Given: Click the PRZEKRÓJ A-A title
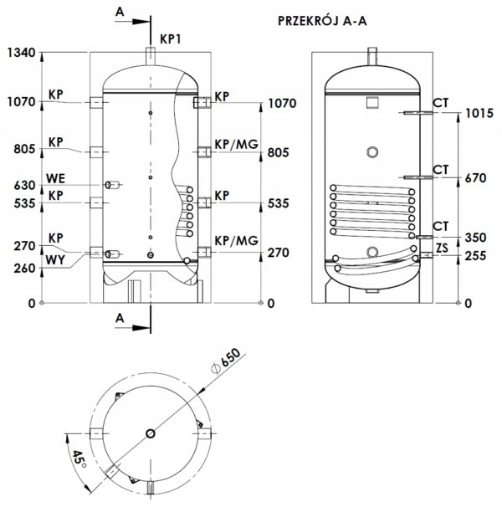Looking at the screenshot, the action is [322, 20].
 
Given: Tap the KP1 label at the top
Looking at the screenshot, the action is [171, 39].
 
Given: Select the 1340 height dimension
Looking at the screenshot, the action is [22, 53].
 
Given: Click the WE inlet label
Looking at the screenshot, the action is [55, 178].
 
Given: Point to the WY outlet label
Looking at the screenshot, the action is [55, 260].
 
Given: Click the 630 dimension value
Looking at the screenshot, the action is [24, 186].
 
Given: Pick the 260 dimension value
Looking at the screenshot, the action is [24, 268].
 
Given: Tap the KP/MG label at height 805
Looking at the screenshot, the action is [237, 144].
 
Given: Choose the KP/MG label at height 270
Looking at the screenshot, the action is [237, 241].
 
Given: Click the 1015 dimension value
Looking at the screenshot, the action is [479, 114].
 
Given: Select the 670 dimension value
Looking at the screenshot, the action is [475, 178].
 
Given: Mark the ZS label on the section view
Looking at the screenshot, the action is [442, 248].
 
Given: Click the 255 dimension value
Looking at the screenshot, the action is [475, 256].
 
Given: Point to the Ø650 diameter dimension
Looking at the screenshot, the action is [226, 361].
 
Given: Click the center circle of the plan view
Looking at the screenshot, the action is [151, 433].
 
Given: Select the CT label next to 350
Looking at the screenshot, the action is [441, 226].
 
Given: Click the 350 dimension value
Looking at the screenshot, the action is [475, 238].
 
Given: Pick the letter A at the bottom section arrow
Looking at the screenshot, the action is [120, 318].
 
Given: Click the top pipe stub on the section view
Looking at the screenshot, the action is [372, 56].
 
